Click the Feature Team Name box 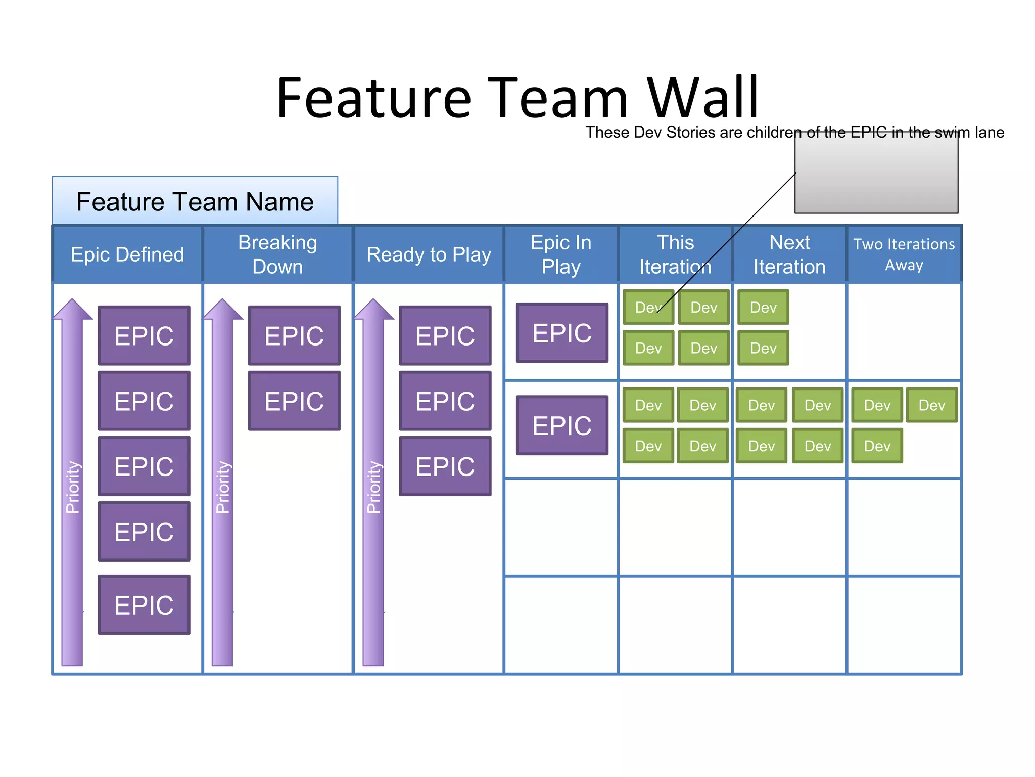pyautogui.click(x=195, y=201)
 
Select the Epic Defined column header pyautogui.click(x=127, y=254)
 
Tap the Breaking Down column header pyautogui.click(x=277, y=254)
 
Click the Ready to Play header pyautogui.click(x=429, y=254)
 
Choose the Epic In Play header pyautogui.click(x=561, y=254)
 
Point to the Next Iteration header pyautogui.click(x=789, y=254)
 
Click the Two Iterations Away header pyautogui.click(x=904, y=254)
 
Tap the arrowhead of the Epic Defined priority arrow pyautogui.click(x=72, y=309)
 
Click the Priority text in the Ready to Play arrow pyautogui.click(x=373, y=487)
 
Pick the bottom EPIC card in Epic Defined pyautogui.click(x=144, y=605)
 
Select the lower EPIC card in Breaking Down pyautogui.click(x=294, y=401)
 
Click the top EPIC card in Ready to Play pyautogui.click(x=445, y=335)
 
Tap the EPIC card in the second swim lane pyautogui.click(x=562, y=425)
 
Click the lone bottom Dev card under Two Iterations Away pyautogui.click(x=877, y=446)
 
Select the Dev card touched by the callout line pyautogui.click(x=648, y=307)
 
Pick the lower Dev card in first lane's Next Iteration pyautogui.click(x=763, y=348)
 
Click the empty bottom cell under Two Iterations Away pyautogui.click(x=904, y=625)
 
